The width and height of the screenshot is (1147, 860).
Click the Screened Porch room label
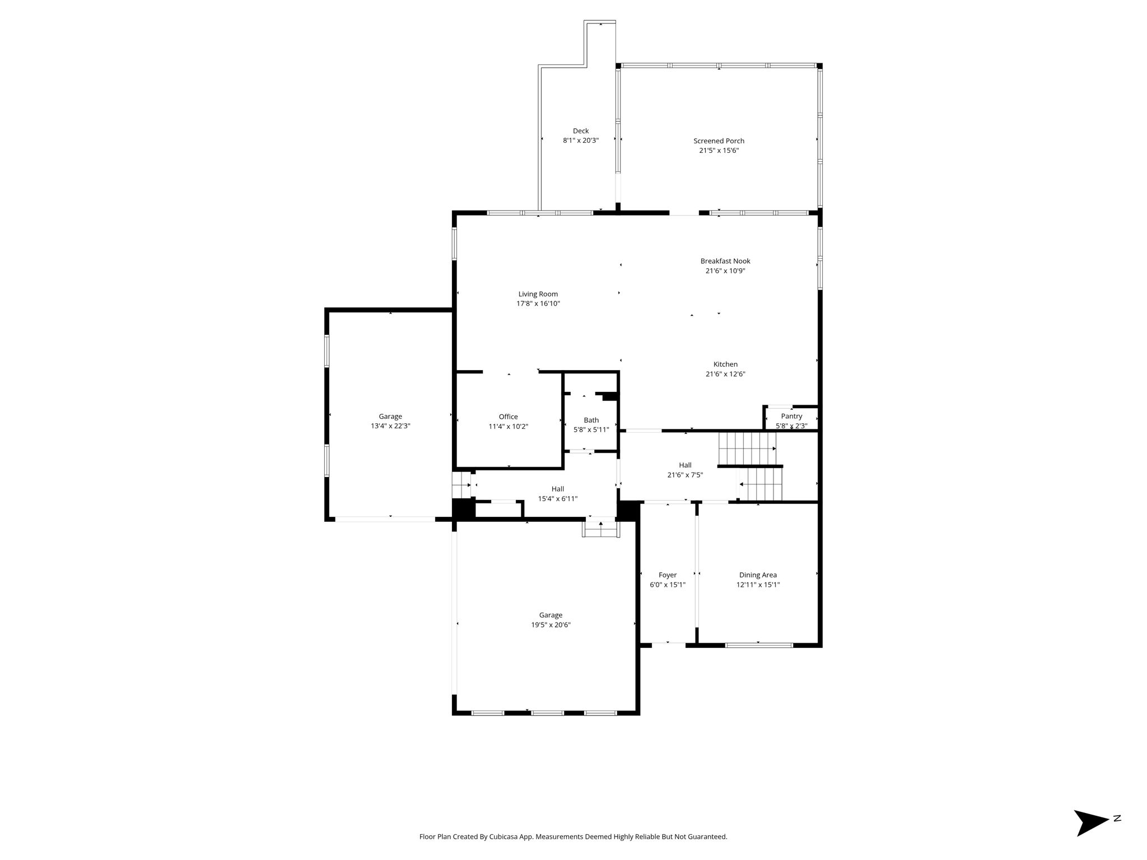click(x=719, y=141)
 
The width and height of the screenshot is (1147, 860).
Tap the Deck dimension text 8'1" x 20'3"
click(x=581, y=141)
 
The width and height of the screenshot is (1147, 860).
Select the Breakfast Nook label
click(x=725, y=261)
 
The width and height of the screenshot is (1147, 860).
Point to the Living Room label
click(x=538, y=294)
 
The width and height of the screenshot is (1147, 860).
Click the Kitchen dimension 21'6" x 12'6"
click(x=725, y=374)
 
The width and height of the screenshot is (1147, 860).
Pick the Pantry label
click(x=791, y=416)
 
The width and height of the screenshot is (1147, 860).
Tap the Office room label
click(x=508, y=417)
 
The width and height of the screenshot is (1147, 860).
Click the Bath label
click(x=591, y=420)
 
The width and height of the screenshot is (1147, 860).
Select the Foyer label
click(x=668, y=575)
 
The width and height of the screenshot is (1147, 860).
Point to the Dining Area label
click(x=758, y=575)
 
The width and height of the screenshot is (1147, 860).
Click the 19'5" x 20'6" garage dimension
click(x=551, y=625)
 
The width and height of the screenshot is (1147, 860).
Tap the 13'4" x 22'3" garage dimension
click(x=390, y=426)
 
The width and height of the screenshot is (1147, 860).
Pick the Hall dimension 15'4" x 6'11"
click(x=557, y=498)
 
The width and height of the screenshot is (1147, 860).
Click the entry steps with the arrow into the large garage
click(x=600, y=527)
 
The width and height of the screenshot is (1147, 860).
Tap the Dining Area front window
click(x=759, y=645)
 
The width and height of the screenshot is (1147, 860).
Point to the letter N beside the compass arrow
click(x=1117, y=819)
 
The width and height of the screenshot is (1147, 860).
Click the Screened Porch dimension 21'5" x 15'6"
click(x=719, y=151)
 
